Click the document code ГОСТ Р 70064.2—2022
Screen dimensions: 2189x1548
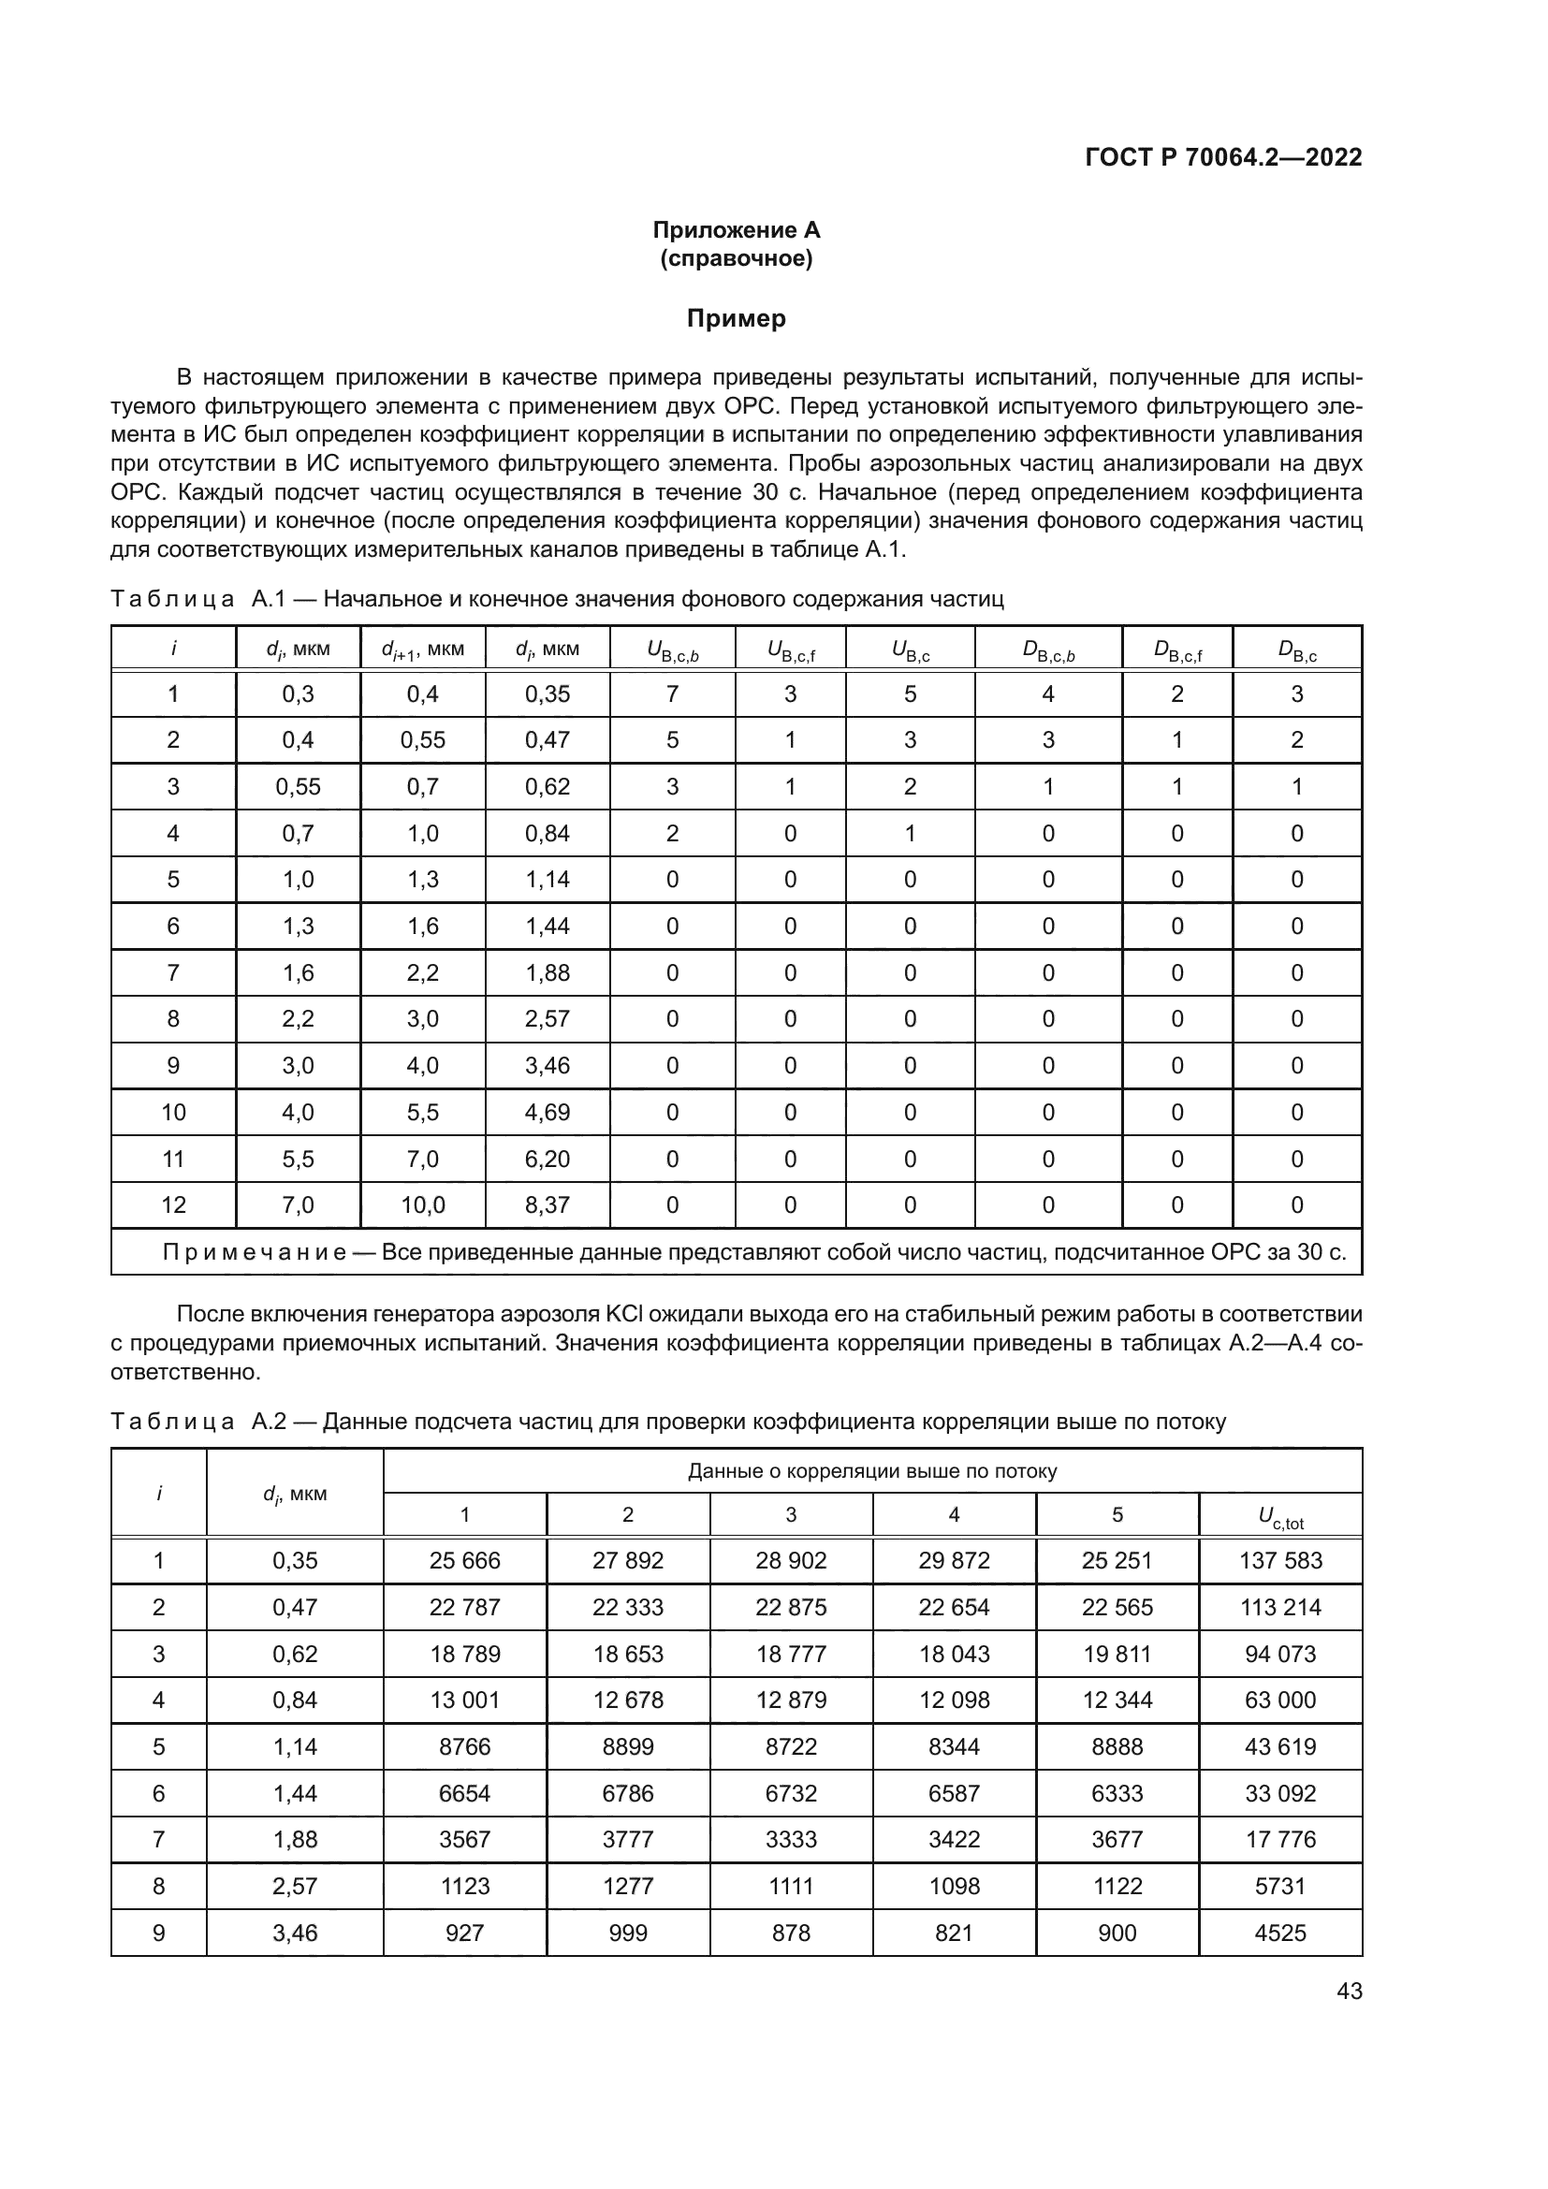tap(1223, 157)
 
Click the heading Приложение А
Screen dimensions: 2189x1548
tap(736, 230)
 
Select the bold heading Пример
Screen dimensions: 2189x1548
tap(736, 318)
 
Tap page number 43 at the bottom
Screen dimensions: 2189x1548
tap(1349, 1991)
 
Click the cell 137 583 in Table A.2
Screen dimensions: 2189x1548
tap(1280, 1561)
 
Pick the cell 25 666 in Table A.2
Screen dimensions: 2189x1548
tap(464, 1561)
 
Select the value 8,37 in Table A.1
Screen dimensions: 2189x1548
tap(548, 1205)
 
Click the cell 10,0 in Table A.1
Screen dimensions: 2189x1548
tap(422, 1205)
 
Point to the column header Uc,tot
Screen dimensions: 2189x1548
tap(1280, 1515)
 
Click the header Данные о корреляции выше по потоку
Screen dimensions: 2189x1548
tap(872, 1471)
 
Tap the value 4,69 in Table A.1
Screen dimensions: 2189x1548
tap(548, 1112)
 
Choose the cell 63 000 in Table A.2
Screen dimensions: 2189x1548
tap(1280, 1700)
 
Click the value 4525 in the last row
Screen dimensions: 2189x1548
tap(1280, 1933)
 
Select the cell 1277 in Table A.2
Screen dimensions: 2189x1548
tap(627, 1886)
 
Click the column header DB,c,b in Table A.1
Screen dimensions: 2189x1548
tap(1047, 650)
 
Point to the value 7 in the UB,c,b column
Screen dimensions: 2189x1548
tap(672, 694)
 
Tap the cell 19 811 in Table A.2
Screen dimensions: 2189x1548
tap(1117, 1654)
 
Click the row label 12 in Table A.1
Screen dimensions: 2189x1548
tap(173, 1205)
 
